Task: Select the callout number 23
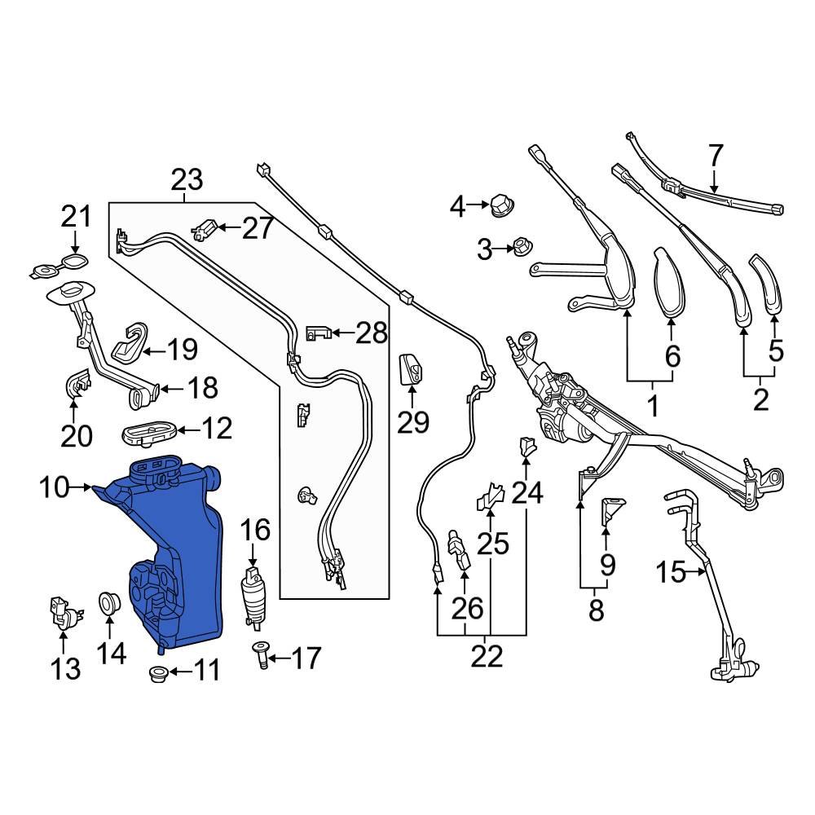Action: click(186, 179)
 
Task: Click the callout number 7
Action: click(715, 155)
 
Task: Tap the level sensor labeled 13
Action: click(60, 613)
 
